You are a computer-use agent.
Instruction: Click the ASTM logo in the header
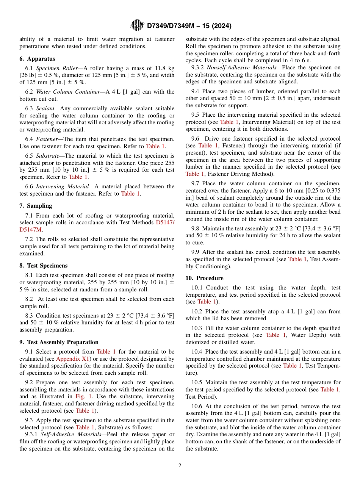tap(137, 25)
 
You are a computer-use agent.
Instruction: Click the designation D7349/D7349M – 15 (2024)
tap(189, 26)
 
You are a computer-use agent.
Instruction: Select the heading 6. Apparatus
tap(37, 59)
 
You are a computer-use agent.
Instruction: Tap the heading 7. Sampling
tap(36, 206)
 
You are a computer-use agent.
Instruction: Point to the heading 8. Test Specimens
tap(43, 266)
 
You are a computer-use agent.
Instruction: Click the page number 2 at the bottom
tap(180, 466)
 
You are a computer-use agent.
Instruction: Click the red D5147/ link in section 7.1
tap(165, 222)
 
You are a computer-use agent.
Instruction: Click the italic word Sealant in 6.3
tap(45, 108)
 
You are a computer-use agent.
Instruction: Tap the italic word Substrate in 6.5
tap(47, 156)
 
